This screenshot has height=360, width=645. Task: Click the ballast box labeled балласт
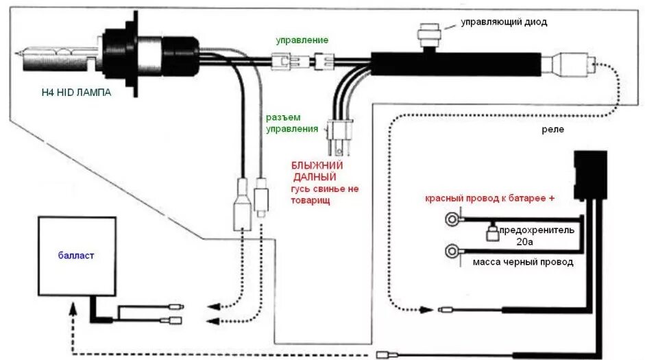(x=76, y=256)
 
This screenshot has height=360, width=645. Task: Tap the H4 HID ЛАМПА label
(x=75, y=93)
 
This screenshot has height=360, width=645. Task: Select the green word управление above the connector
(x=302, y=40)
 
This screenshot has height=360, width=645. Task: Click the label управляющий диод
(x=503, y=22)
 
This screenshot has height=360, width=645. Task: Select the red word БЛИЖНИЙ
(x=317, y=166)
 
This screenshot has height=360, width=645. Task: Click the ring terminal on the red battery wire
(x=452, y=220)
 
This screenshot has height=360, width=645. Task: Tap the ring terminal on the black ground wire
(x=452, y=250)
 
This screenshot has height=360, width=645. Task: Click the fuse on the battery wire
(x=491, y=232)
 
